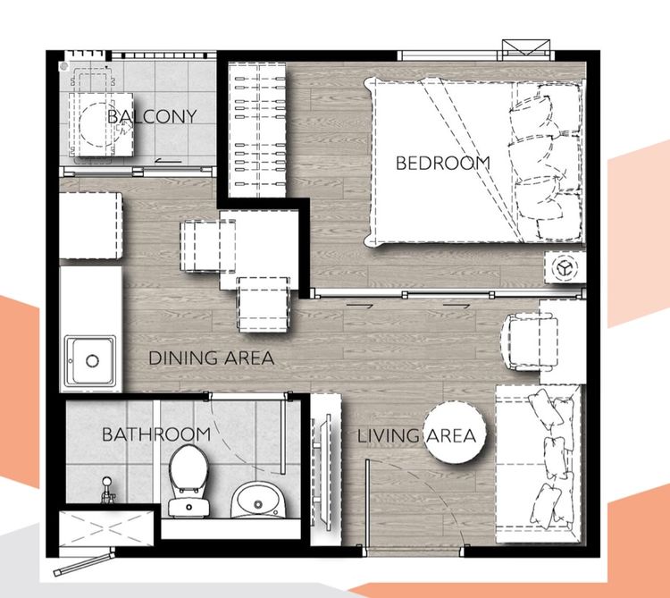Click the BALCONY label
152,116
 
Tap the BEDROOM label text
443,163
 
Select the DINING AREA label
211,358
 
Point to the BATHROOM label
156,434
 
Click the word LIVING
388,436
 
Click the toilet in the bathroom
188,481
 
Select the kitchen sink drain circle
92,361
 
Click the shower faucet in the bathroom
108,490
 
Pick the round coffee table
455,432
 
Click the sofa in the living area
539,464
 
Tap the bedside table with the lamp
565,267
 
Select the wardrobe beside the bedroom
257,130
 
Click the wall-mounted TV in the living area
325,470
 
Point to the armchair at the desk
529,342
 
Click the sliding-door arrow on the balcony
169,161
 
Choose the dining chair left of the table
208,246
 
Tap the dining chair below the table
264,304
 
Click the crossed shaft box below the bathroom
106,528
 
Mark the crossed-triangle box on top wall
526,46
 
